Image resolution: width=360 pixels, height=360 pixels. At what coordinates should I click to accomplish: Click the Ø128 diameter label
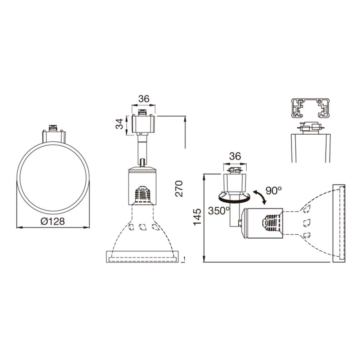(53, 221)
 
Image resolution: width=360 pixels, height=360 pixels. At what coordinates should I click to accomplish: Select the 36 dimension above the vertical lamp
(144, 99)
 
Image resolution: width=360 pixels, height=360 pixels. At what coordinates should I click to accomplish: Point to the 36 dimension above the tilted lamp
(235, 156)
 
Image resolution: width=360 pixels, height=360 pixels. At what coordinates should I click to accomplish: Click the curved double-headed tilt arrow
(260, 198)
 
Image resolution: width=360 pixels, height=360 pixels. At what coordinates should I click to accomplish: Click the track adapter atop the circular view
(54, 134)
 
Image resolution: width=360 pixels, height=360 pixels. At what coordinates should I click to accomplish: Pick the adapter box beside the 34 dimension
(144, 123)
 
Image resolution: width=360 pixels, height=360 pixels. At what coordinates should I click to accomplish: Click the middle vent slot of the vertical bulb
(143, 226)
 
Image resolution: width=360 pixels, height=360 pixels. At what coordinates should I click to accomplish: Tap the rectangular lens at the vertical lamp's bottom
(143, 257)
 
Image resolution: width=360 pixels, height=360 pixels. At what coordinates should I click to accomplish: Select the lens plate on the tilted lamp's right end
(339, 223)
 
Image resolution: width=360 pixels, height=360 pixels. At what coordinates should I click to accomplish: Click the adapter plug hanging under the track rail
(310, 128)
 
